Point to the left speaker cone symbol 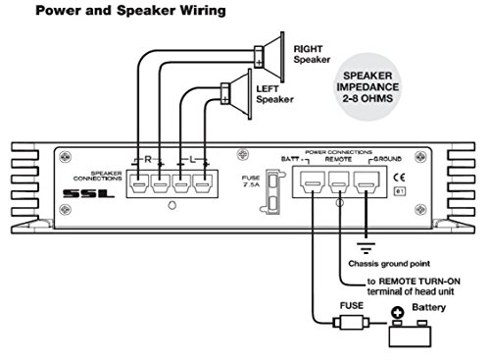coord(234,95)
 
